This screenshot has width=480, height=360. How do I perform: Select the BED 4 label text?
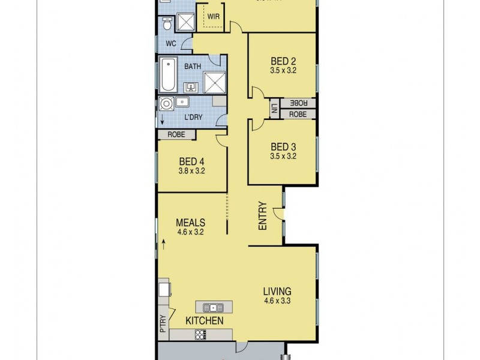191,161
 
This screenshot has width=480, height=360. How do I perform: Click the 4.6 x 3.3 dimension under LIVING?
277,301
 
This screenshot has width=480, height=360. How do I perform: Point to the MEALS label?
191,222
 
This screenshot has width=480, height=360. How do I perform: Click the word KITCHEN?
204,321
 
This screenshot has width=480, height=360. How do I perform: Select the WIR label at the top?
212,17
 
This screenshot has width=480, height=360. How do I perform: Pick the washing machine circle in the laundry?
166,104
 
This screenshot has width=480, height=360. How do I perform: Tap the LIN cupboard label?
273,108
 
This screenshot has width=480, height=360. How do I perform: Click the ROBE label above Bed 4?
176,134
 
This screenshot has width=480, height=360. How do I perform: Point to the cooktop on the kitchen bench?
200,335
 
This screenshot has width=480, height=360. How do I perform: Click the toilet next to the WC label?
167,24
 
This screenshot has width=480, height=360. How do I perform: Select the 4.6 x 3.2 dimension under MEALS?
191,231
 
